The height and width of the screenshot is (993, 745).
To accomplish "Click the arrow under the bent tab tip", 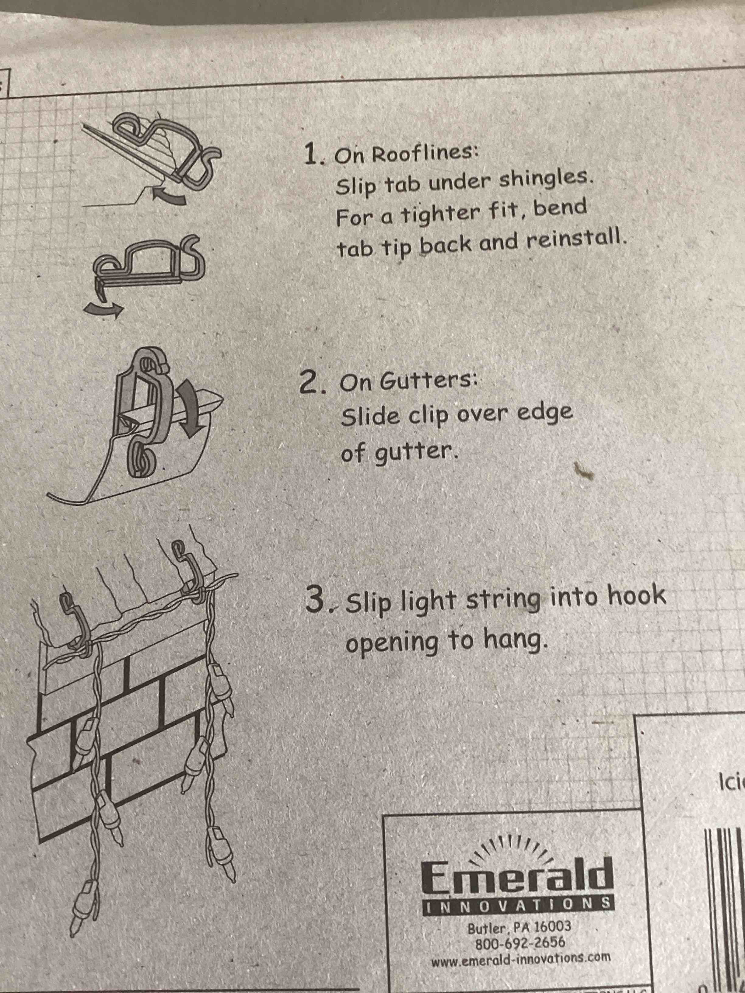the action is tap(103, 309).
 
